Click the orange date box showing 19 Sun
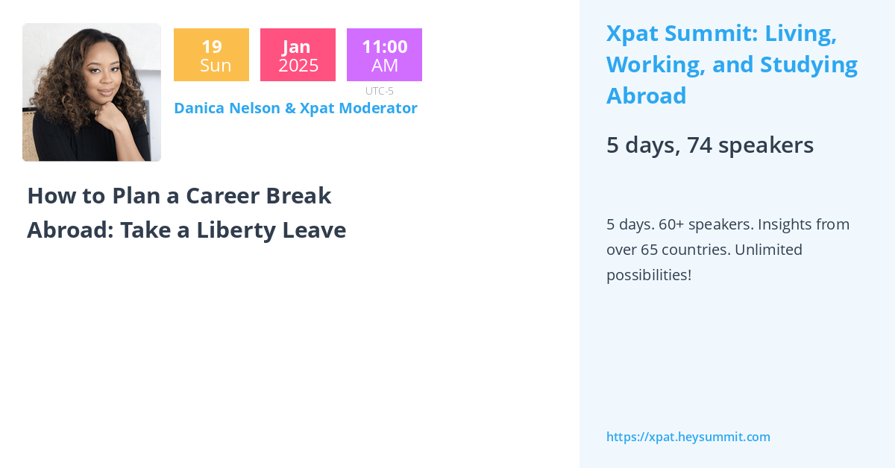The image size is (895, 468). pyautogui.click(x=211, y=55)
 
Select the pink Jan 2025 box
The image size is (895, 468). pyautogui.click(x=298, y=55)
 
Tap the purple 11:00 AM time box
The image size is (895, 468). pyautogui.click(x=384, y=55)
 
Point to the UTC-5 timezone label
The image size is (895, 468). pyautogui.click(x=379, y=91)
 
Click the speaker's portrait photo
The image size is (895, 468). pyautogui.click(x=92, y=92)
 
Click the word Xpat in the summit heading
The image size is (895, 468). pyautogui.click(x=632, y=34)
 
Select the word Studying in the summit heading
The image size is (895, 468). pyautogui.click(x=808, y=65)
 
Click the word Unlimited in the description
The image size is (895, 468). pyautogui.click(x=768, y=250)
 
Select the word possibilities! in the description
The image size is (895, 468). pyautogui.click(x=648, y=275)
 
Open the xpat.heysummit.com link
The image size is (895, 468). pyautogui.click(x=688, y=437)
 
